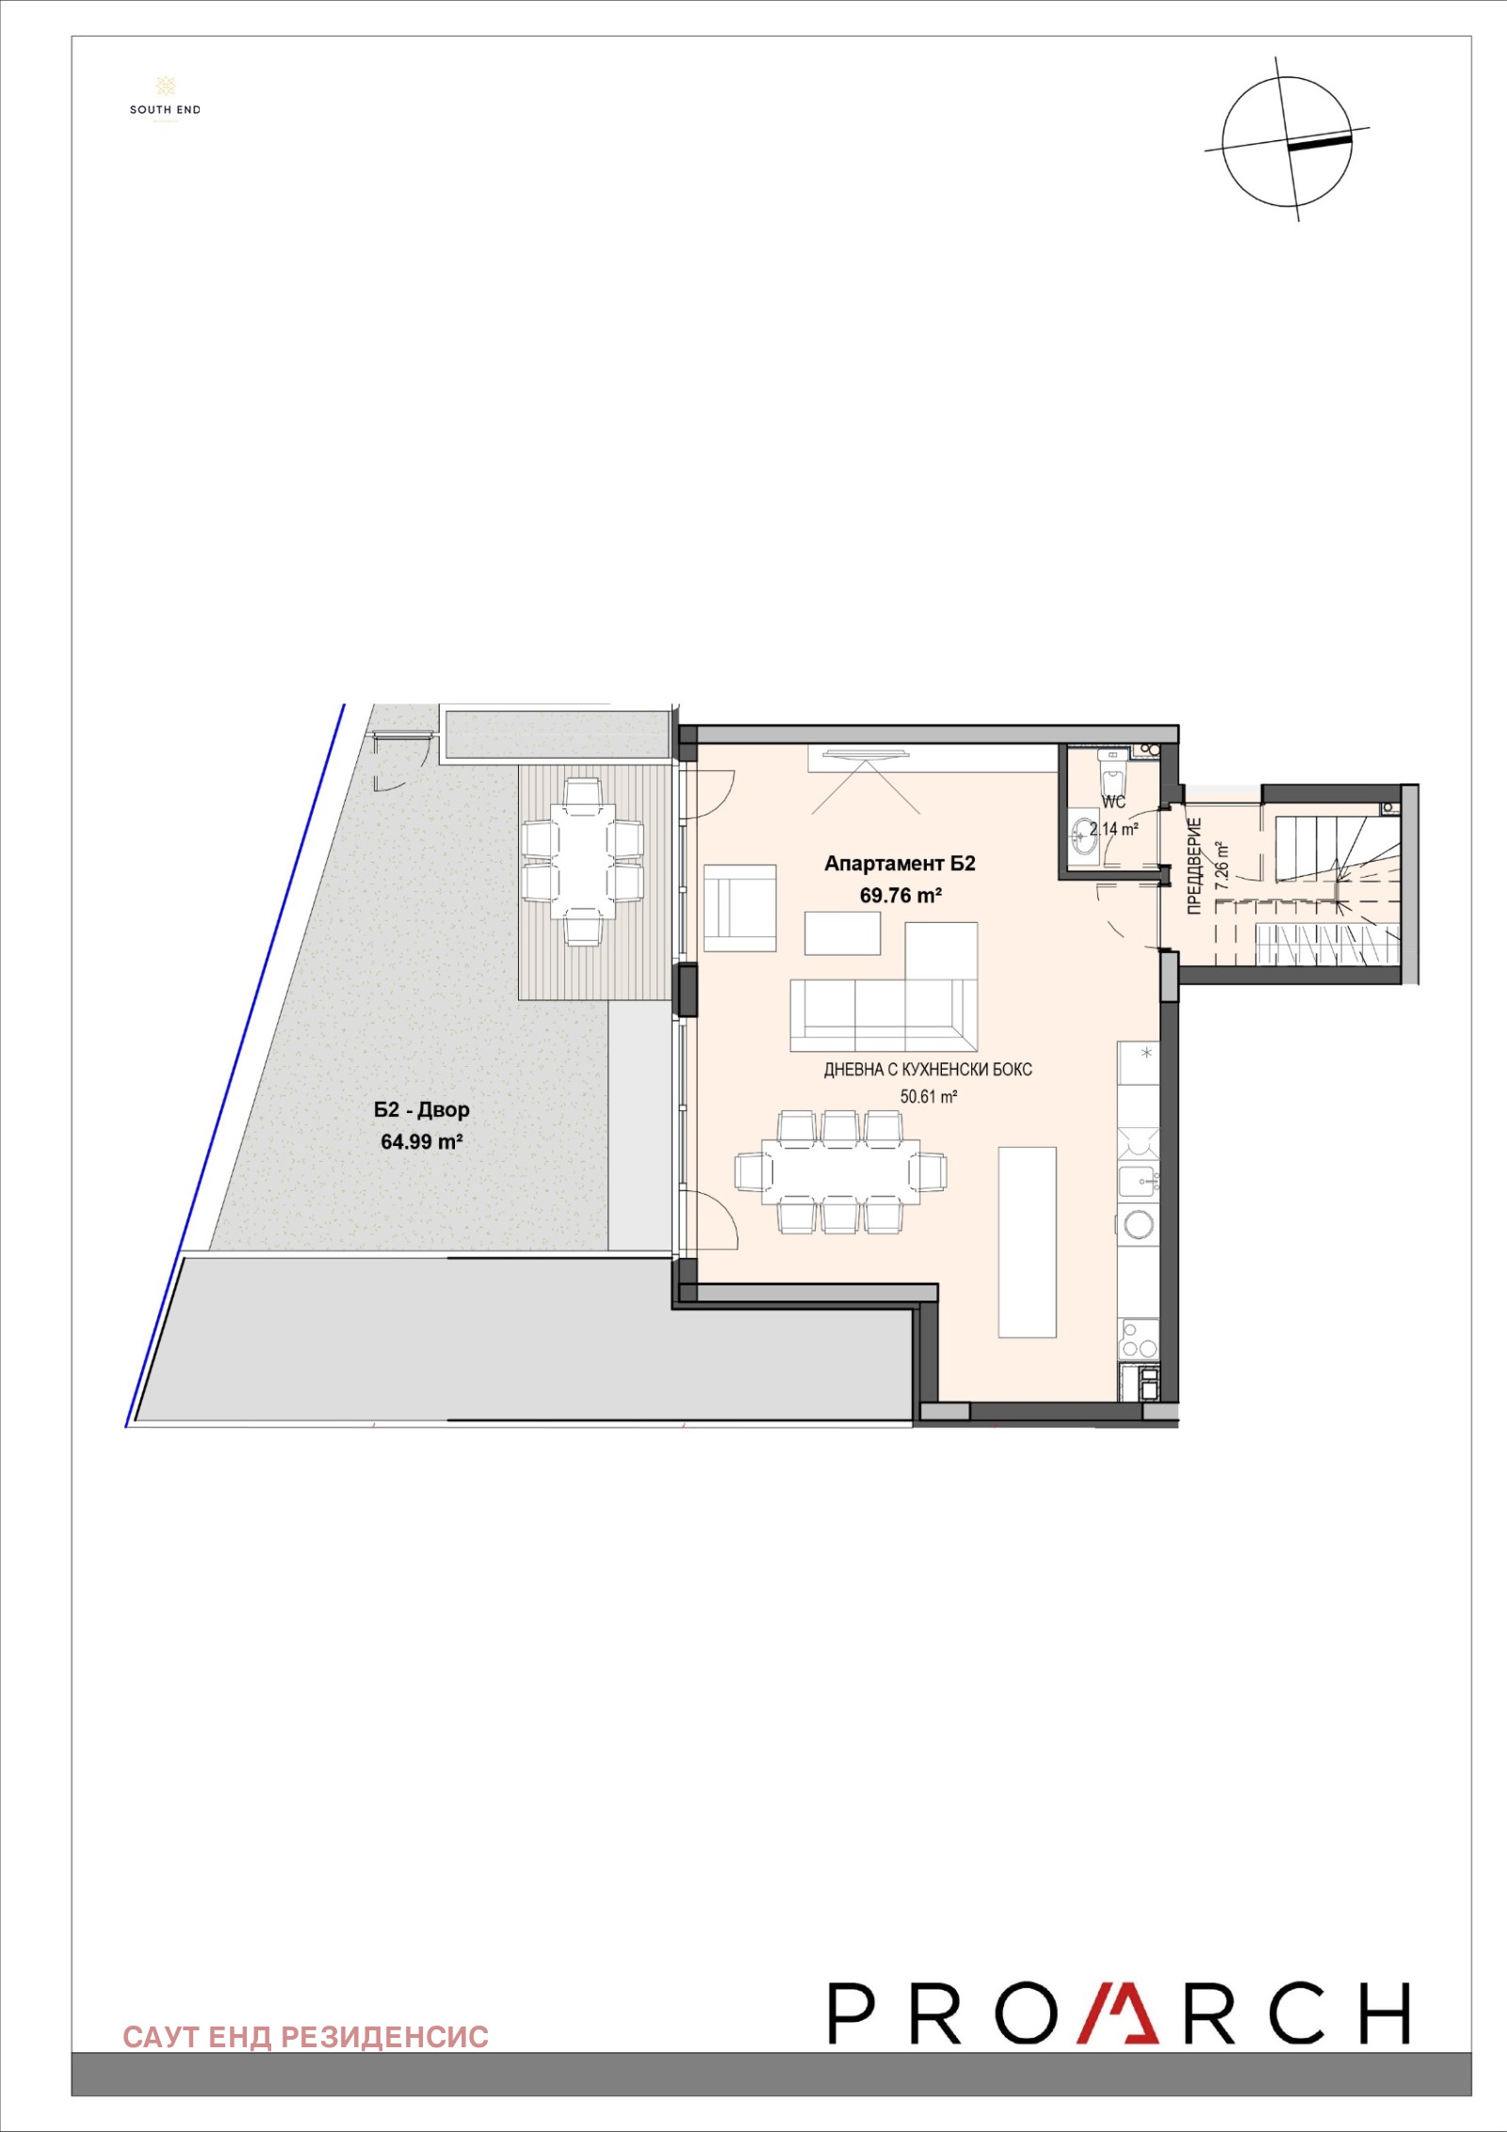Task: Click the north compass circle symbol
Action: pos(1288,142)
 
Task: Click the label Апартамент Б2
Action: pos(899,864)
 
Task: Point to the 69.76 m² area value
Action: pos(900,896)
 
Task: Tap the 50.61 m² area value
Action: pos(929,1097)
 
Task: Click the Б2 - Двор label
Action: pos(421,1110)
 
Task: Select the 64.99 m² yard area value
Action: pos(421,1142)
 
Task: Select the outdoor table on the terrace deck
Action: pos(583,855)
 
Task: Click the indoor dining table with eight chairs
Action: pos(840,1171)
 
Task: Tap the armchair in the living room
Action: pos(740,908)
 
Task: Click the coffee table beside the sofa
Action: pos(842,933)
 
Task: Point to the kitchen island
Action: pos(1027,1241)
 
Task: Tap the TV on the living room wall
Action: pos(865,751)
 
